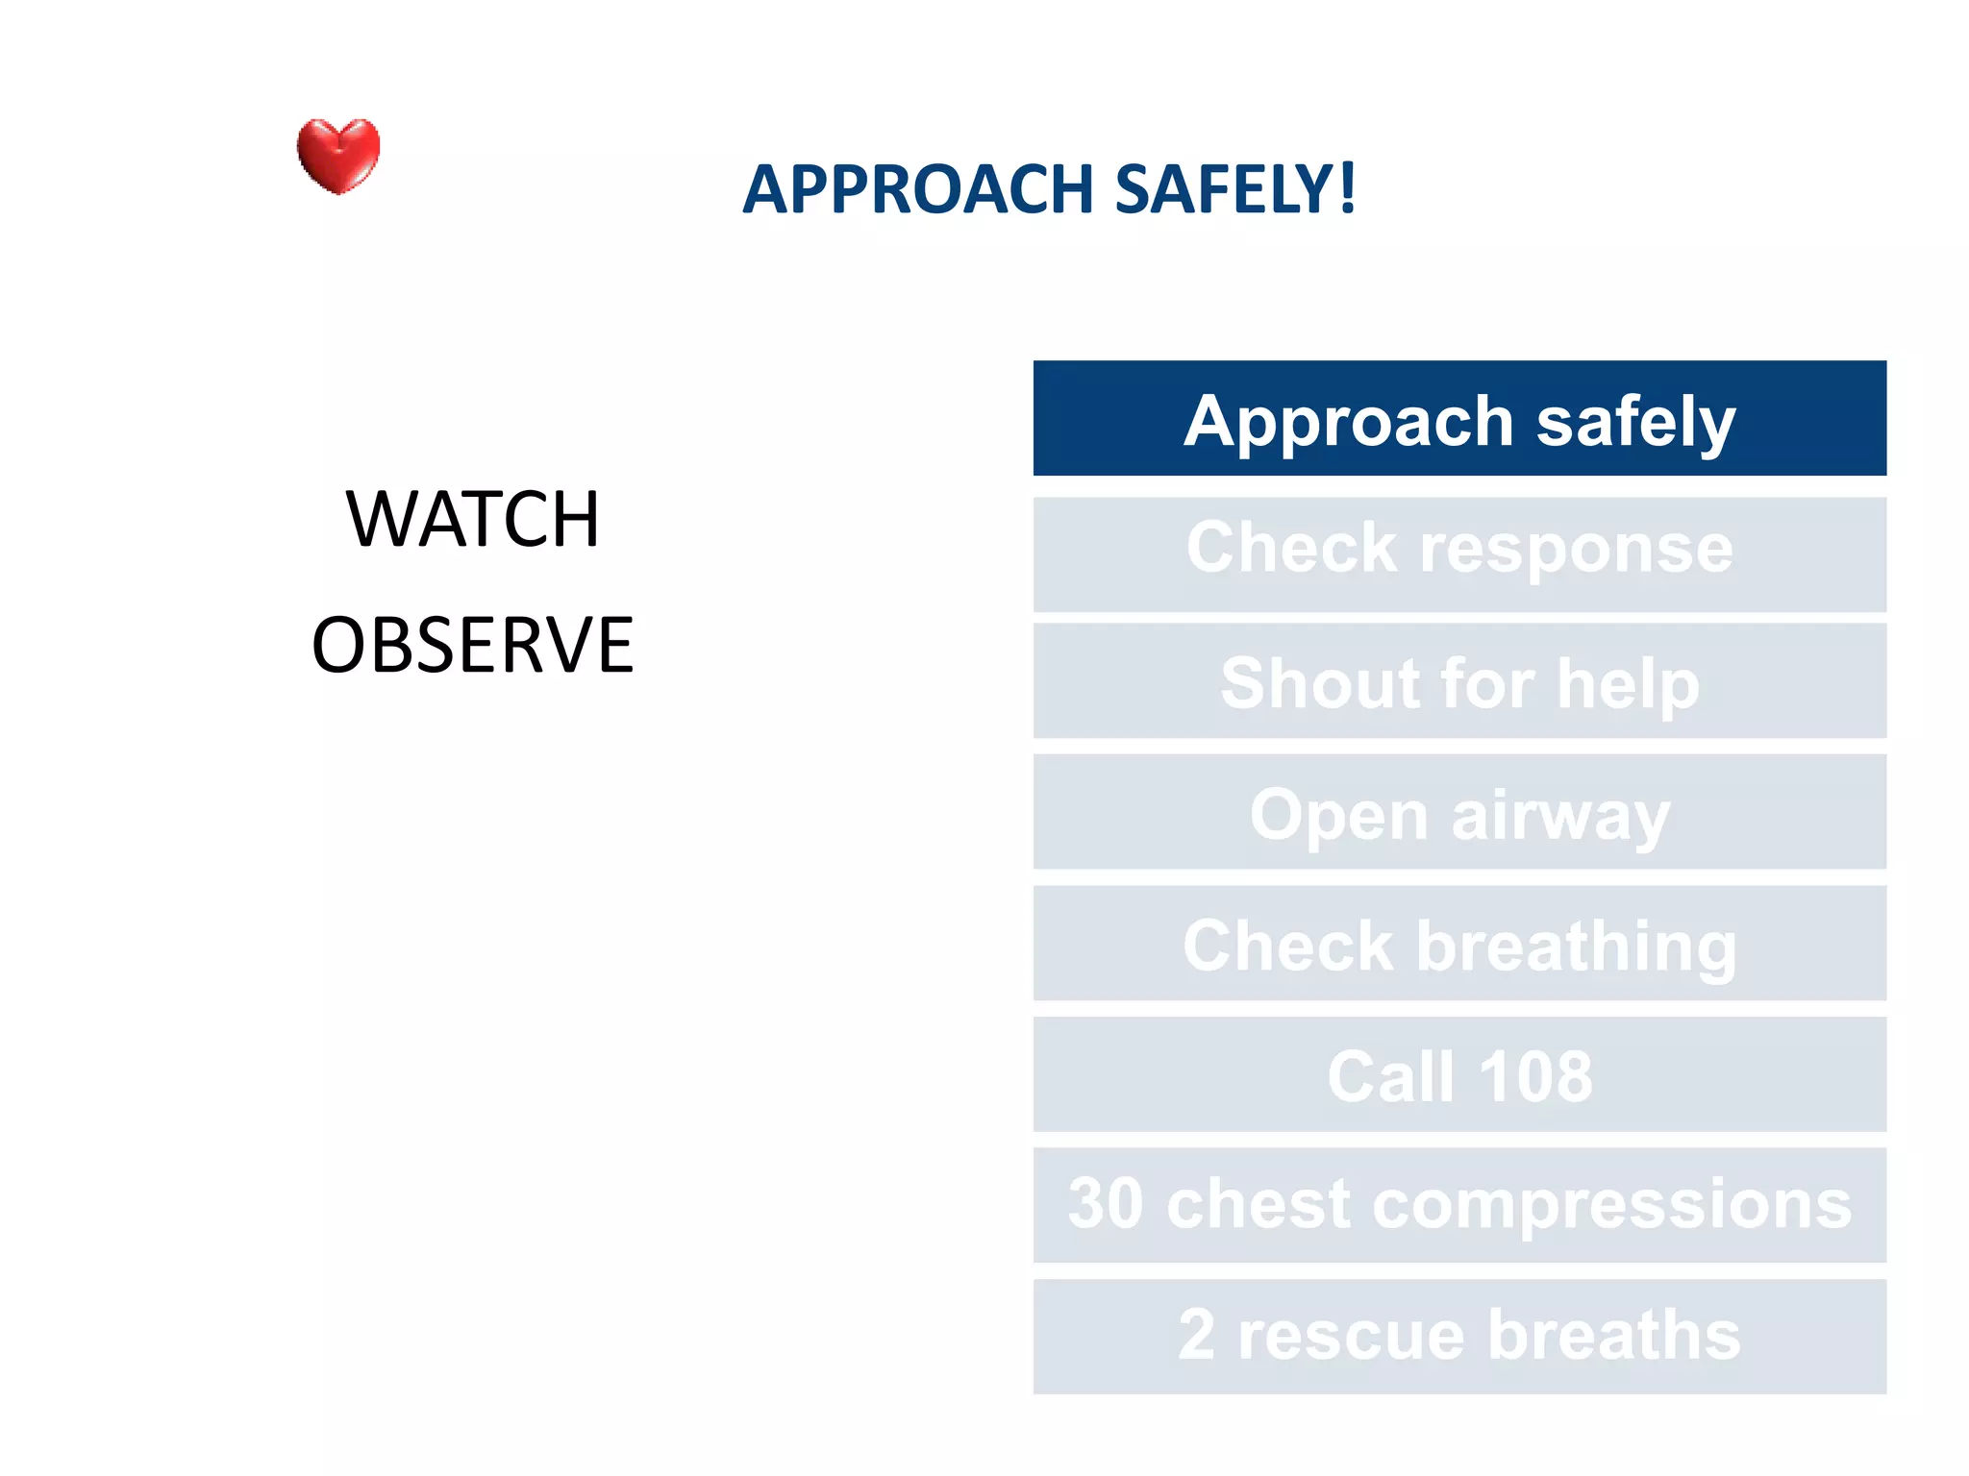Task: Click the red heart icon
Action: pos(338,156)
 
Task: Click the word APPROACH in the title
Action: pos(918,189)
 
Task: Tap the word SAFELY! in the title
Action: pos(1235,189)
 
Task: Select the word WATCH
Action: pos(473,519)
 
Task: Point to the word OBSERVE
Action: pos(473,645)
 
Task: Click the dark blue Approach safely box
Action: pos(1459,419)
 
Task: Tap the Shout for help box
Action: pos(1459,682)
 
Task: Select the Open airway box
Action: pos(1459,813)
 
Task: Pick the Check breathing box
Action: pos(1459,944)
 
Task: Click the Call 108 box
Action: pos(1459,1074)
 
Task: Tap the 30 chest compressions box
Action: pos(1459,1205)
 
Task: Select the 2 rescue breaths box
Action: pos(1459,1336)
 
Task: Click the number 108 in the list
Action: pos(1535,1076)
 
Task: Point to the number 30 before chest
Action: pos(1106,1204)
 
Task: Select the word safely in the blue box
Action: pos(1635,423)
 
